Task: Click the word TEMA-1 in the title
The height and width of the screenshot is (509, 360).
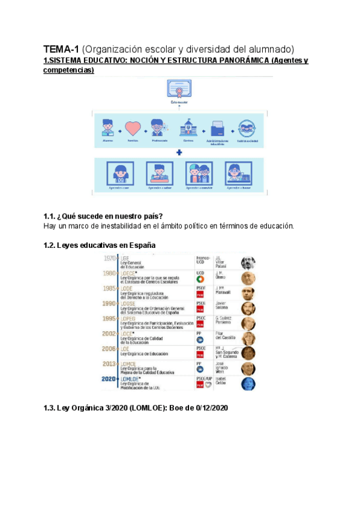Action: click(x=61, y=49)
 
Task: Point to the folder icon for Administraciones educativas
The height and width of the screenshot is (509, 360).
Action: click(x=217, y=130)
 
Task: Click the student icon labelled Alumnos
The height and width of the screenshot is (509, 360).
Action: click(x=108, y=129)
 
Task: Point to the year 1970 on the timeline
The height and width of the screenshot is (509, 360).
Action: click(x=110, y=259)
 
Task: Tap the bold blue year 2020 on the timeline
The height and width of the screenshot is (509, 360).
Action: click(x=109, y=379)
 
